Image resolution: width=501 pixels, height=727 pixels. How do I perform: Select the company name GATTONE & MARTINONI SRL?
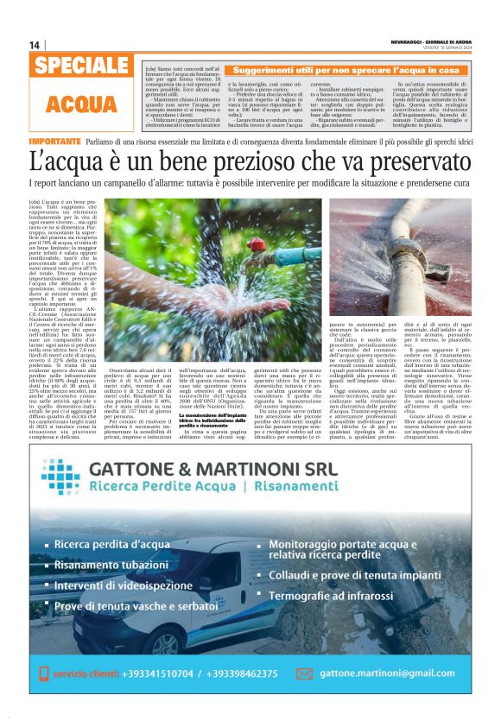238,471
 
